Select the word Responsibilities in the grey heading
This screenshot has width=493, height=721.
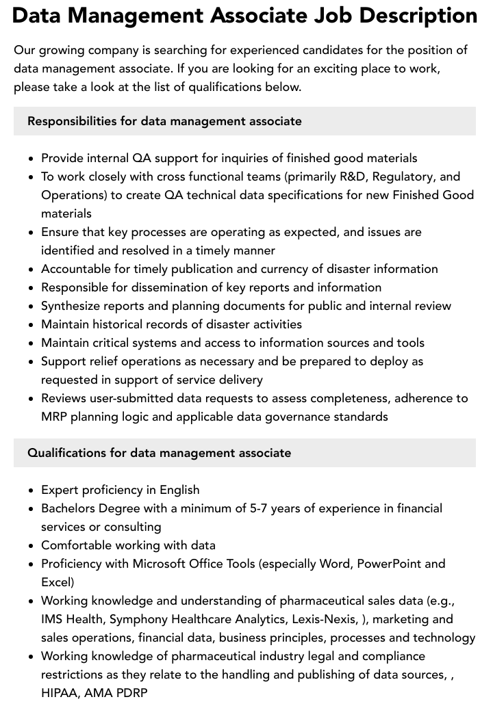pyautogui.click(x=72, y=121)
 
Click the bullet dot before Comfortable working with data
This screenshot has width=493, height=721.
pyautogui.click(x=31, y=546)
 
